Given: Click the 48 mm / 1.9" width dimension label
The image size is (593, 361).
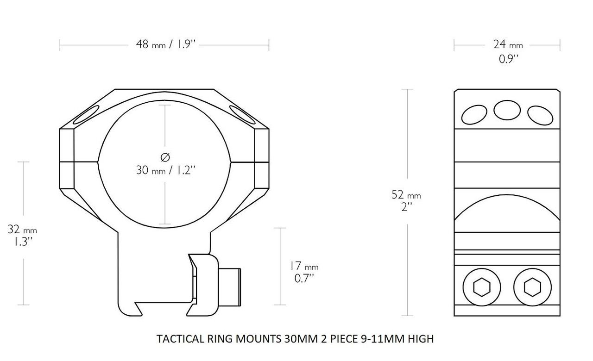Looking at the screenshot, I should click(x=164, y=45).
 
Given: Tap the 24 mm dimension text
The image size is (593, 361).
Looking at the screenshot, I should click(x=507, y=45).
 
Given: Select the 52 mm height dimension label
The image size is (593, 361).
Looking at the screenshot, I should click(x=406, y=195).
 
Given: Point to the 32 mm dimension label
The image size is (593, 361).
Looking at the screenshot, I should click(x=22, y=229).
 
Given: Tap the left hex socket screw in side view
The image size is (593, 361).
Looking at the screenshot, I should click(x=482, y=288).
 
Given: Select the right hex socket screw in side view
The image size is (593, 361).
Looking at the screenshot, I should click(x=531, y=288).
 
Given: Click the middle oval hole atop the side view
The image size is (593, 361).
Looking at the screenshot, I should click(x=507, y=110).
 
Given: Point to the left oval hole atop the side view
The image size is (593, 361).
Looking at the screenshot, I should click(x=474, y=114).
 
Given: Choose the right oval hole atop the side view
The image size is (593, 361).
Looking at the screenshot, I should click(x=539, y=114).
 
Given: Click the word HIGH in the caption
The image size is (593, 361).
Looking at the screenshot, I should click(x=421, y=339).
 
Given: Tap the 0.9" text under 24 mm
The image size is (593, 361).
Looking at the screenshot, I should click(x=508, y=59).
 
